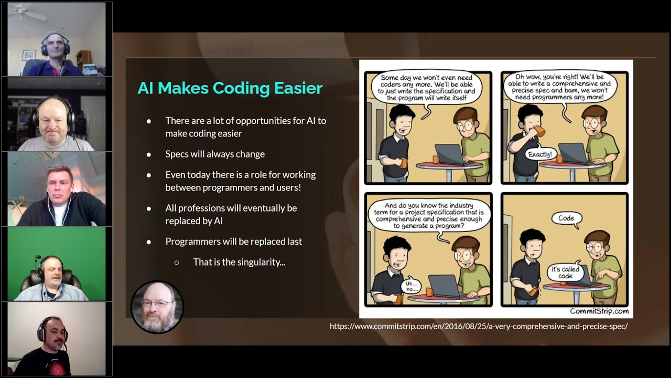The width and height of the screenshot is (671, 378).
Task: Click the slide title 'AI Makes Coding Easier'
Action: tap(230, 88)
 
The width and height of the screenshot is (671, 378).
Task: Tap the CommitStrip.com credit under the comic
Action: tap(599, 311)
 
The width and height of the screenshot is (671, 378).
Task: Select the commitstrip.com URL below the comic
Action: tap(479, 326)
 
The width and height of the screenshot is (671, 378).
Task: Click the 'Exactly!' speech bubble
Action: tap(540, 154)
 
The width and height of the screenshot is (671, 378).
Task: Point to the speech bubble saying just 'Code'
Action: tap(566, 218)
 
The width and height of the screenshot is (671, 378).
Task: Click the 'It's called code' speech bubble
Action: tap(565, 272)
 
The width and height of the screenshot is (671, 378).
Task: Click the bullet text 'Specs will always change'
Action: tap(215, 154)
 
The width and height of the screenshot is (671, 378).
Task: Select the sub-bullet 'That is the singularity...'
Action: tap(239, 262)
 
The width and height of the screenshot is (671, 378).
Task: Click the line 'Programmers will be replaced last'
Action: tap(234, 241)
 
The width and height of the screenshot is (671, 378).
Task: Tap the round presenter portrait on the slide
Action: tap(157, 307)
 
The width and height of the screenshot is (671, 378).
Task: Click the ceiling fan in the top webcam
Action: tap(26, 13)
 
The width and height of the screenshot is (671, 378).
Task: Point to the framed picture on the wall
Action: tap(29, 55)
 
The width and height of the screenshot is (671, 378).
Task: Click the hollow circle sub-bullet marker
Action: tap(177, 263)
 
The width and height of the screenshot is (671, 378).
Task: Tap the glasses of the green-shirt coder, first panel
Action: tap(464, 126)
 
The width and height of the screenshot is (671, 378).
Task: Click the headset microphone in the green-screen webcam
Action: tap(38, 261)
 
